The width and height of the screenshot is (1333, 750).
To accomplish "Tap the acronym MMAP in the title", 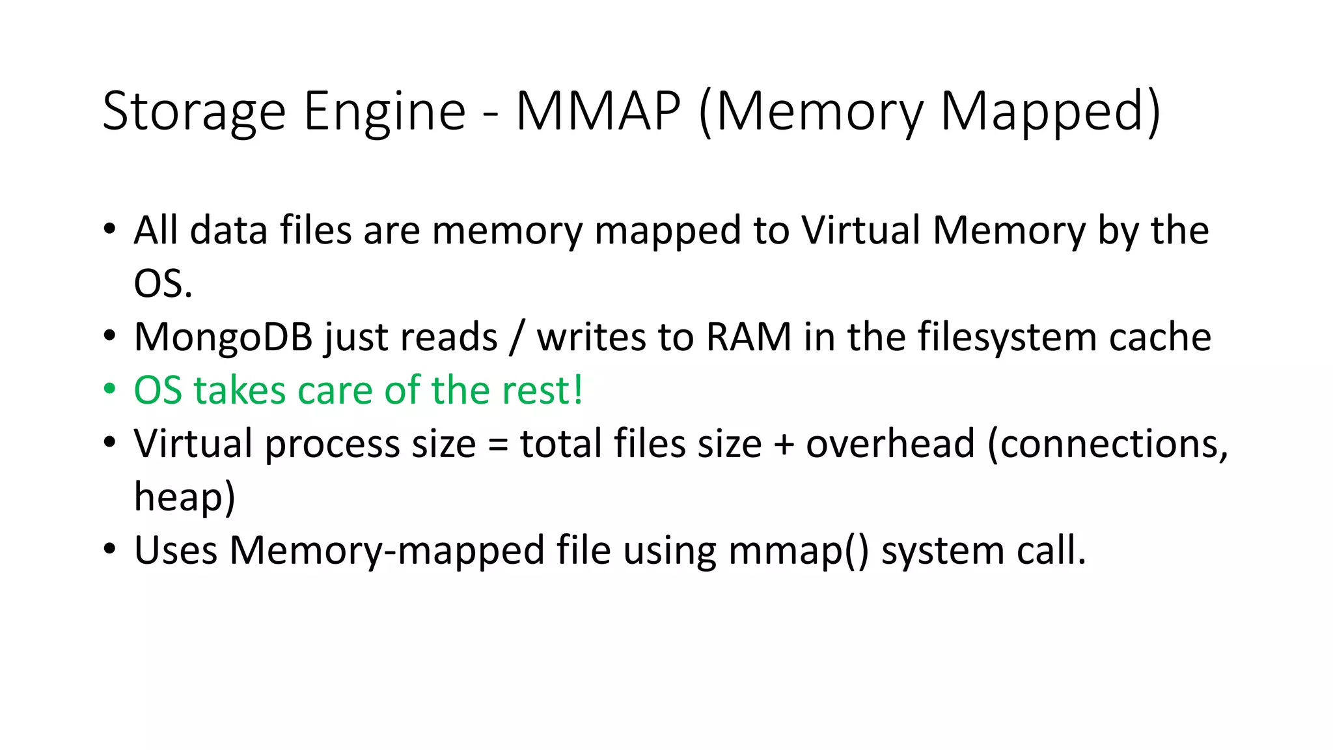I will click(x=598, y=111).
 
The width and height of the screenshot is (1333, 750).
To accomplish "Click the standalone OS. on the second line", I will click(x=163, y=284).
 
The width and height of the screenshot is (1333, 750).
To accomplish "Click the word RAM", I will click(x=748, y=337).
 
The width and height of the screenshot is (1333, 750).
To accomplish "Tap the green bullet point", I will click(x=109, y=389).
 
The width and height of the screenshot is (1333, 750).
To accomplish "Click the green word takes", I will click(x=240, y=391).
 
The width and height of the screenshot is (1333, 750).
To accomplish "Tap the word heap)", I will click(x=184, y=497).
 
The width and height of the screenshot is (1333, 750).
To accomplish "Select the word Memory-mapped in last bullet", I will click(x=387, y=551).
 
